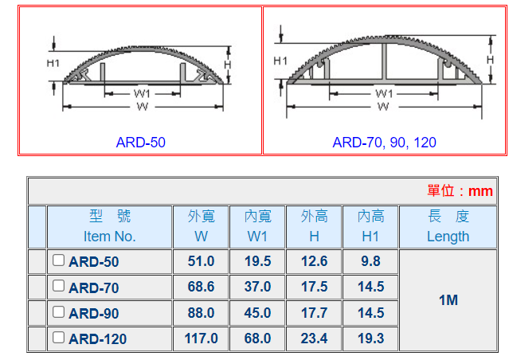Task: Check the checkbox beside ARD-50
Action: [x=58, y=260]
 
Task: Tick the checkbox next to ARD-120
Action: [x=58, y=337]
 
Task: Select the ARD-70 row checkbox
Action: [x=58, y=286]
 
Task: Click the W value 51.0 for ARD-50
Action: [x=201, y=261]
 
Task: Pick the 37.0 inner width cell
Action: [x=257, y=287]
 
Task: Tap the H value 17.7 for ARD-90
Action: [x=314, y=313]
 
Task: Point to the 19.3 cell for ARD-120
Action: [x=370, y=338]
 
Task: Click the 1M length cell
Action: [x=448, y=300]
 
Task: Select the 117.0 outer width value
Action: [x=201, y=338]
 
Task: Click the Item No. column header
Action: [x=110, y=237]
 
